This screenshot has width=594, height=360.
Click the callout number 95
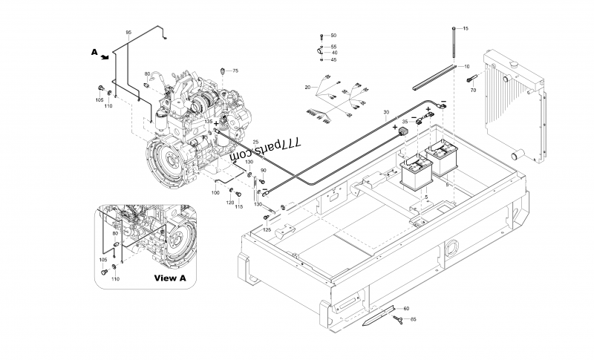coord(128,33)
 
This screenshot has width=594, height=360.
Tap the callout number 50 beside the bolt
coord(333,36)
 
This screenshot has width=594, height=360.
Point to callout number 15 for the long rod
coord(466,28)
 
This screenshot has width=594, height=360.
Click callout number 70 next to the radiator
coord(473,90)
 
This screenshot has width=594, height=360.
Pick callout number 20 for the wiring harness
coord(307,88)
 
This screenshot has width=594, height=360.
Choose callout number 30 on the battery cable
coord(386,113)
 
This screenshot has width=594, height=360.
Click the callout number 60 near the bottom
coord(405,308)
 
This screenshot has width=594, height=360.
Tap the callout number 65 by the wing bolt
coord(413,319)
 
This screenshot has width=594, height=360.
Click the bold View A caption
coord(169,278)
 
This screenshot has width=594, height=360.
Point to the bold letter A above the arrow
coord(94,52)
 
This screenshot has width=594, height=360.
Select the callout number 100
coord(215,193)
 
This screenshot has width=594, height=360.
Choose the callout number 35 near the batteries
coord(405,121)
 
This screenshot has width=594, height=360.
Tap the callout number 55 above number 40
coord(333,47)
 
